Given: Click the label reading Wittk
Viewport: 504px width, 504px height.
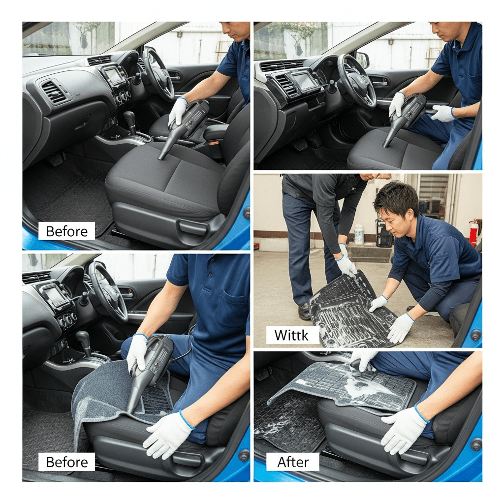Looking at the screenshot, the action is coord(291,335).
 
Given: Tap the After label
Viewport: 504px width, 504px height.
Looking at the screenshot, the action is coord(293,462).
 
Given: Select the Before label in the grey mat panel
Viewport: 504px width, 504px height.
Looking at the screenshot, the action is coord(67,462).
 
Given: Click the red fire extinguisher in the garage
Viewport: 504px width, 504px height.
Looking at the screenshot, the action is coord(473,231).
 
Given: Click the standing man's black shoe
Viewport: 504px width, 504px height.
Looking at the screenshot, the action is coord(304,311).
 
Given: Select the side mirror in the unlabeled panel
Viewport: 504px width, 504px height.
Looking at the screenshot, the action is coord(362,60).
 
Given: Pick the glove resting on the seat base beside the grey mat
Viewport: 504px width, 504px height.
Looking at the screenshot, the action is coord(167,435).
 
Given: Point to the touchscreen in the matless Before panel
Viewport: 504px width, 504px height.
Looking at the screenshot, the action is coord(113,76).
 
